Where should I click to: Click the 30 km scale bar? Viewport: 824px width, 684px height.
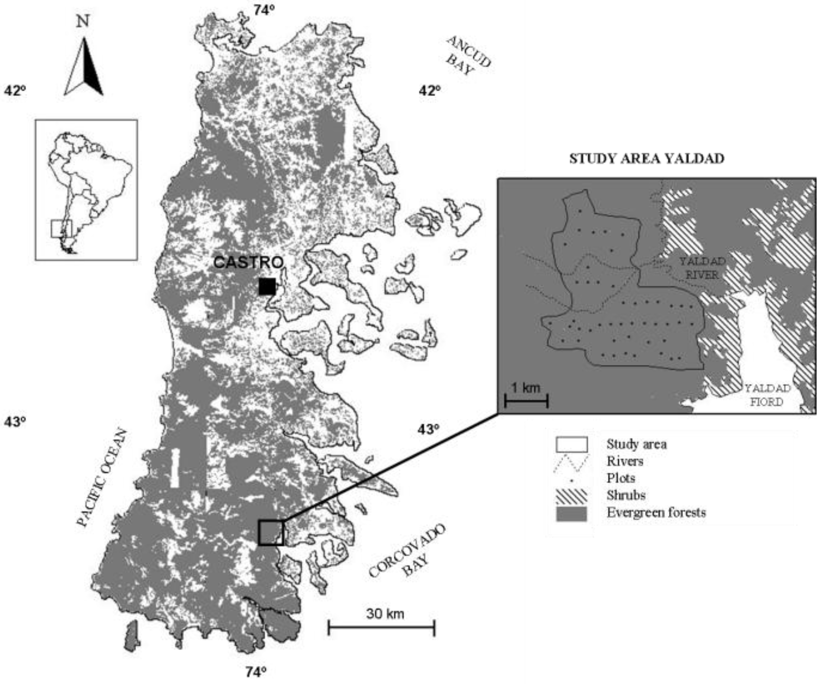(x=381, y=628)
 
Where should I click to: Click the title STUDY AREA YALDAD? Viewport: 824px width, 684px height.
(x=647, y=158)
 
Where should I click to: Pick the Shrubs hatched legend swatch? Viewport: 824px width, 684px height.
(x=571, y=496)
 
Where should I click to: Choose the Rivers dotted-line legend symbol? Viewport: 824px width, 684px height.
(x=571, y=462)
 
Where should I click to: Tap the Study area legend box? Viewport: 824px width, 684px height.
(x=571, y=445)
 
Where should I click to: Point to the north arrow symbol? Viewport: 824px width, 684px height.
(x=84, y=67)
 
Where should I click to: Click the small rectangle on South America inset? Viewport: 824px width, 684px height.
(x=62, y=228)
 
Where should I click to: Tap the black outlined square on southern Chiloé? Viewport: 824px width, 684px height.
(x=271, y=532)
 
